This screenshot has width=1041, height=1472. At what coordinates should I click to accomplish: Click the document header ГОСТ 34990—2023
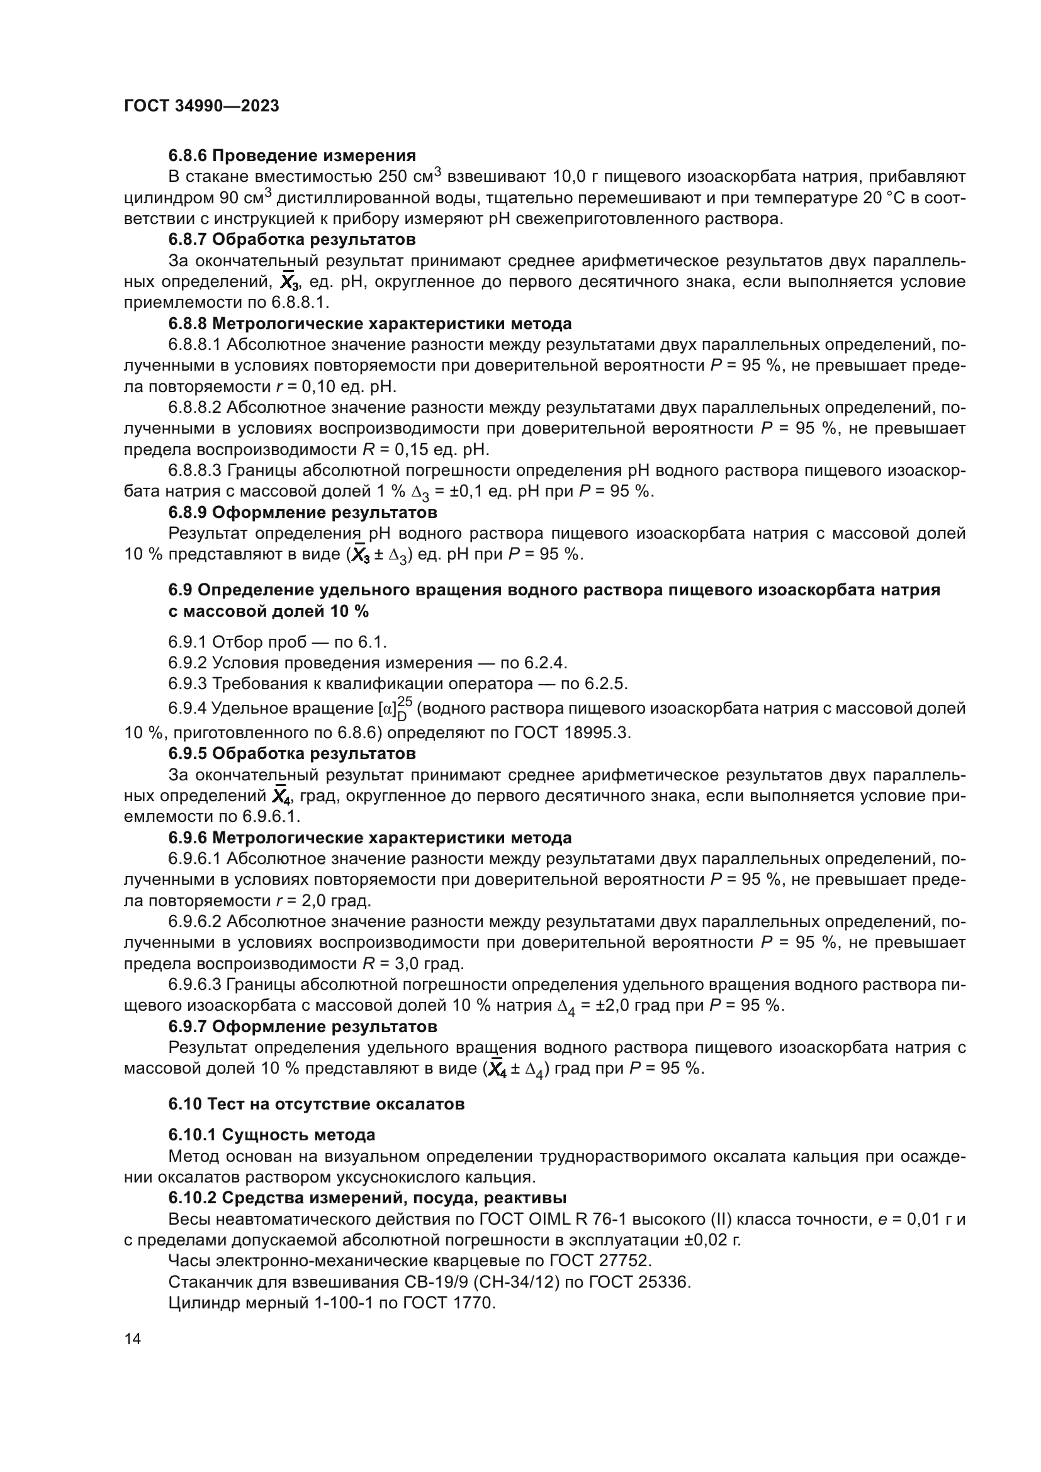pos(201,106)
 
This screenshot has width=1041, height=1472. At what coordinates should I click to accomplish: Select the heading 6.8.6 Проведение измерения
pos(291,155)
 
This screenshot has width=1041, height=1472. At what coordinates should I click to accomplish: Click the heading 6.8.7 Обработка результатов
pos(291,240)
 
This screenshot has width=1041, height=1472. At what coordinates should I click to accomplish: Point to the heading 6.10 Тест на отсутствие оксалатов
pos(317,1104)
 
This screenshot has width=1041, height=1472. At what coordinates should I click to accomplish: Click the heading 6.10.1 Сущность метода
pos(272,1135)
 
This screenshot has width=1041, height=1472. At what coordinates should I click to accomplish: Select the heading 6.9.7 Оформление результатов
pos(303,1026)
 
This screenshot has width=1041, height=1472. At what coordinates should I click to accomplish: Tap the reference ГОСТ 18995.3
pos(572,733)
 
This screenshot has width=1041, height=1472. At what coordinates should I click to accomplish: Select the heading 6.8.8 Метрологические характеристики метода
pos(370,323)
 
